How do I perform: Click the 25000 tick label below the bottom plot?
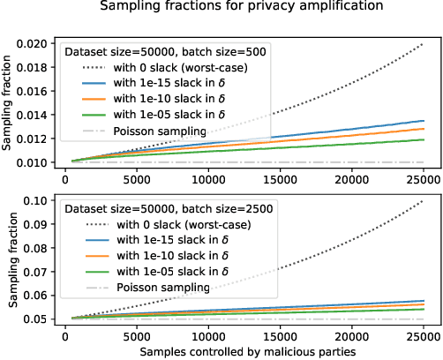424,336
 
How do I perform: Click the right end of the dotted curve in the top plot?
424,43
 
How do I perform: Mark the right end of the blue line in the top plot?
424,121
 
